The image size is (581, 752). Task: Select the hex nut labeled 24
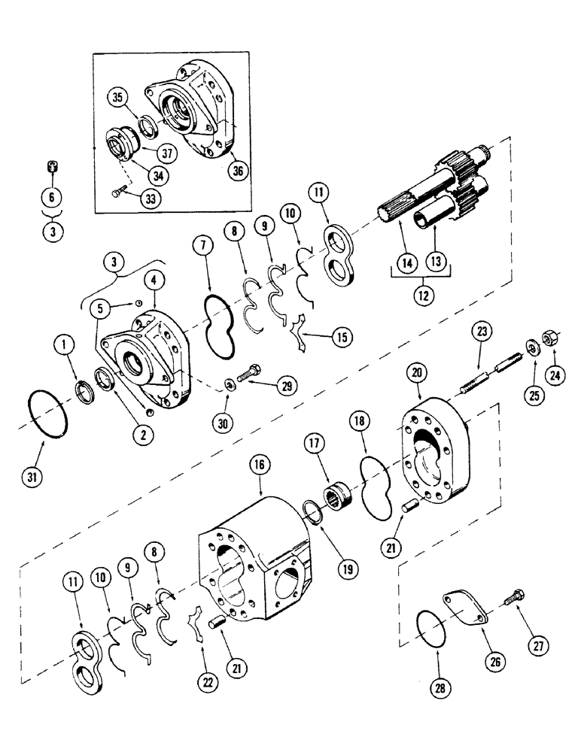(551, 341)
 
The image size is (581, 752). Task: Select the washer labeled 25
(534, 347)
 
